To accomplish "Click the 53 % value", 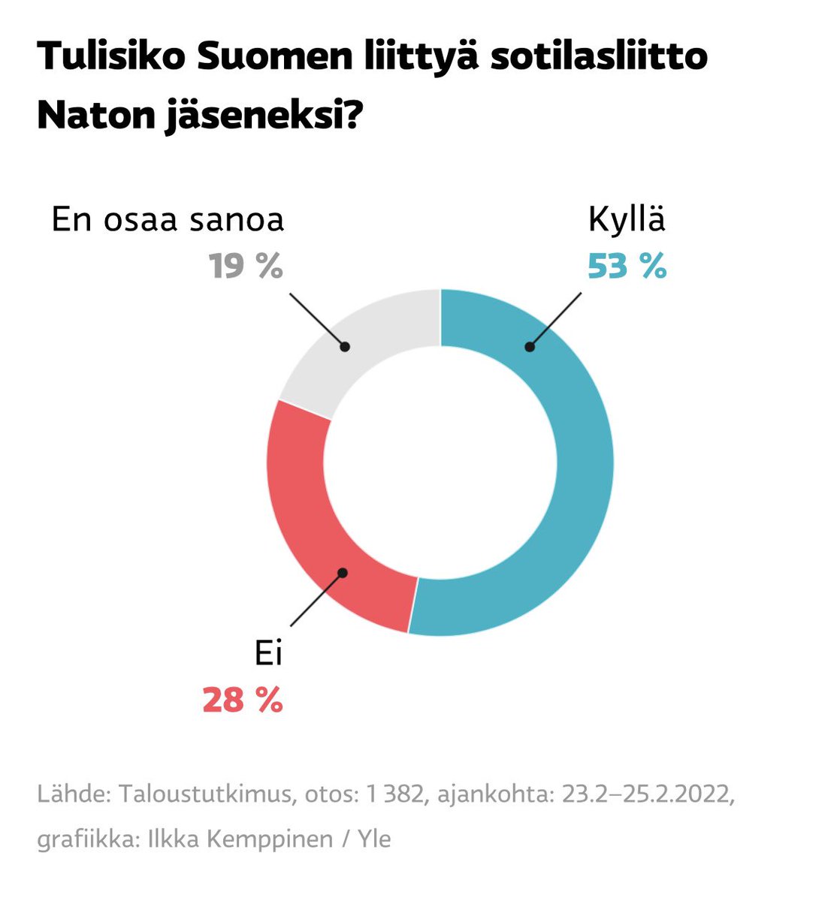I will (x=627, y=266).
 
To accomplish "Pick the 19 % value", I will (x=246, y=266).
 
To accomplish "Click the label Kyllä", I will (x=627, y=220).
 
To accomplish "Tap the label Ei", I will (x=268, y=654).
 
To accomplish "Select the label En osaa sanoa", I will (x=168, y=220).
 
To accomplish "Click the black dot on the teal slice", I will (x=530, y=347).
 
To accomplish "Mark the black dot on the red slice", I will (x=343, y=573).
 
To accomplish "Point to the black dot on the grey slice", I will (x=345, y=347).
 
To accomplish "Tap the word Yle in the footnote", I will (x=374, y=839).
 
